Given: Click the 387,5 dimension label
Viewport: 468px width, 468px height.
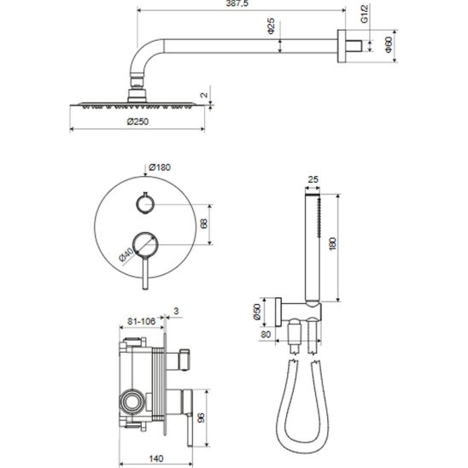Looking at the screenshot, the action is (x=237, y=3).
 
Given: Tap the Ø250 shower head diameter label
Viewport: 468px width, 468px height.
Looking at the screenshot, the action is (x=137, y=121).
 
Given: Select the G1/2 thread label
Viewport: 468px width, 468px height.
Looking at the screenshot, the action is (x=365, y=14).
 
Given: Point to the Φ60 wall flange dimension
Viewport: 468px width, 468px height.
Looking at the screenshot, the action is (x=389, y=44).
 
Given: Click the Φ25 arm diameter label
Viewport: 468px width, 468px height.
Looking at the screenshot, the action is (x=271, y=26).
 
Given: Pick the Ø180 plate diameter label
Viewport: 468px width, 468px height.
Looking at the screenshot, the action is (x=160, y=167).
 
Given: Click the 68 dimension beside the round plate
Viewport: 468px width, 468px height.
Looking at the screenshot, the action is (x=204, y=224).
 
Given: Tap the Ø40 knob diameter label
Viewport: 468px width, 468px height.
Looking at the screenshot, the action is (x=126, y=254).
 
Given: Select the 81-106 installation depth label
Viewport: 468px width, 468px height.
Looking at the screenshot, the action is (x=142, y=321).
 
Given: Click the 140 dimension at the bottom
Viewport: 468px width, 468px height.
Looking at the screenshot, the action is (x=156, y=459).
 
